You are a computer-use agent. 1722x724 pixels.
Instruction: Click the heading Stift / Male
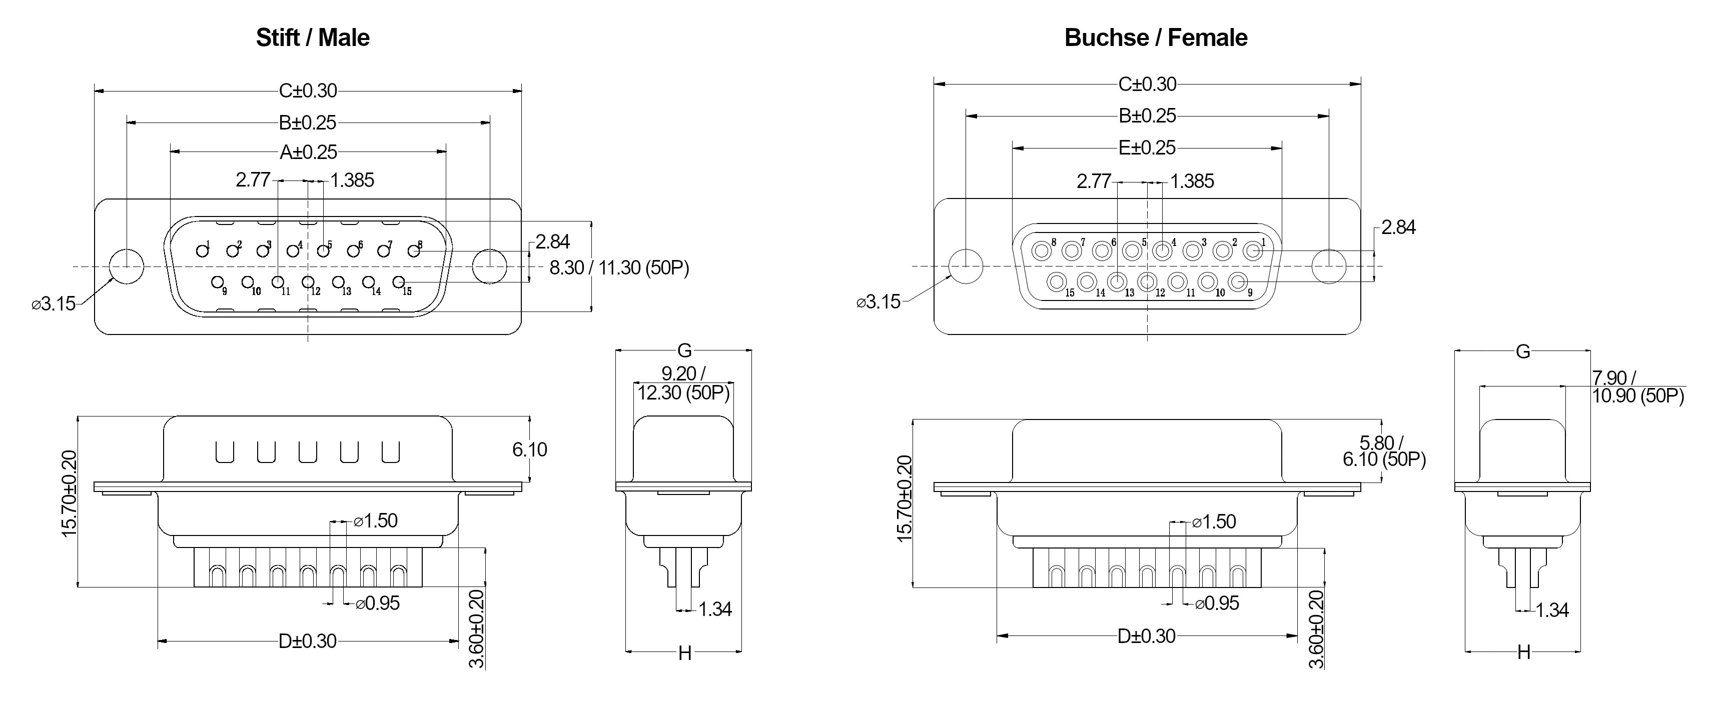pos(312,37)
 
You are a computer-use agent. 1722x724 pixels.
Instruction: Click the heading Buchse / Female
pos(1155,37)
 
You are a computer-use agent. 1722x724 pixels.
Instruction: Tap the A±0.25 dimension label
pos(308,152)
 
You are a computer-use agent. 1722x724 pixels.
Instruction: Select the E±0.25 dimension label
pos(1147,147)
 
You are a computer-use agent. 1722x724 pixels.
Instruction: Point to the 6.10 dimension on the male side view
pos(529,449)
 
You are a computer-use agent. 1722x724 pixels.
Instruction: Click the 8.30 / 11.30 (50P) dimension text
pos(619,268)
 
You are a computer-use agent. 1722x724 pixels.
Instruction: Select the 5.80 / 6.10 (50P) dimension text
pos(1384,451)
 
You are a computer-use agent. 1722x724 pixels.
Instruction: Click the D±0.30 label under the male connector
pos(308,641)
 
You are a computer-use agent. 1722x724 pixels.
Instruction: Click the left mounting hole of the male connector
pos(126,266)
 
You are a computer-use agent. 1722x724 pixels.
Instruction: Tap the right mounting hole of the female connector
pos(1329,266)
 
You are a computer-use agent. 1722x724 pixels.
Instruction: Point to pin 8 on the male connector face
pos(414,250)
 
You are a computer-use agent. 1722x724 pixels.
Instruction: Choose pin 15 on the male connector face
pos(398,282)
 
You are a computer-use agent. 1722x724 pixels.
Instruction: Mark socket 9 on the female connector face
pos(1238,282)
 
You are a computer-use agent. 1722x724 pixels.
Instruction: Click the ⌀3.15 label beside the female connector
pos(879,302)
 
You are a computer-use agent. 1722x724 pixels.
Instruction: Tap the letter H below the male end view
pos(684,653)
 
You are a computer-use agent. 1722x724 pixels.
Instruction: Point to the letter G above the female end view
pos(1523,351)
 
